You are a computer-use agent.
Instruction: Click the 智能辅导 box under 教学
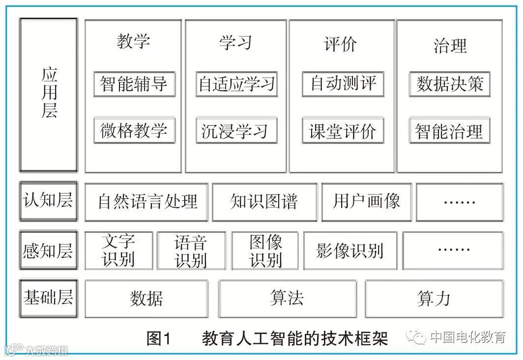click(x=134, y=84)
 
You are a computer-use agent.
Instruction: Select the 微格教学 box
click(x=134, y=130)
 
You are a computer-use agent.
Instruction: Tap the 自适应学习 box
click(x=236, y=84)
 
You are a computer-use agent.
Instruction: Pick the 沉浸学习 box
click(x=236, y=130)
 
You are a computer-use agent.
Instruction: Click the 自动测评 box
click(x=343, y=84)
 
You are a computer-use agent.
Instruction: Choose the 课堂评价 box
click(x=343, y=131)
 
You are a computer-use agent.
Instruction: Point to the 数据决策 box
click(x=449, y=84)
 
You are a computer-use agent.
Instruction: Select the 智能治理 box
click(x=449, y=131)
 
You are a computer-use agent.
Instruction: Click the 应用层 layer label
click(x=49, y=95)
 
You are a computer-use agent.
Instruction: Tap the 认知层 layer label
click(x=49, y=201)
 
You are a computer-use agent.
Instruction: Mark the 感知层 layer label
click(x=49, y=250)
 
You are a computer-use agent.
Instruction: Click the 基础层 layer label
click(x=49, y=298)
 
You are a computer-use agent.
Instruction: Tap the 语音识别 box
click(x=191, y=251)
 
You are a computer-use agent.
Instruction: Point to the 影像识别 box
click(x=350, y=251)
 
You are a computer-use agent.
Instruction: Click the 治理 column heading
click(x=450, y=46)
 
